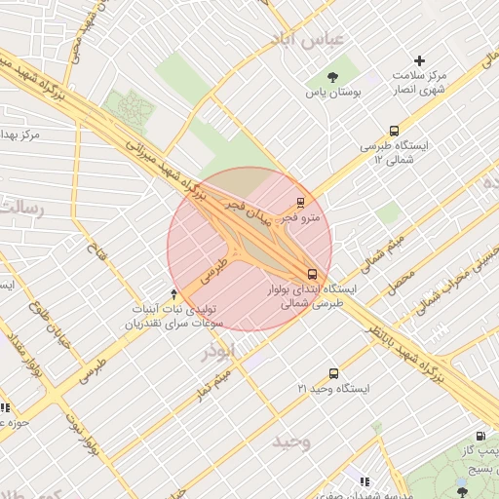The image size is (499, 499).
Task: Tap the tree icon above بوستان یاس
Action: [334, 76]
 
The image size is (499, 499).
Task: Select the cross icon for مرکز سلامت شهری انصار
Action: [420, 60]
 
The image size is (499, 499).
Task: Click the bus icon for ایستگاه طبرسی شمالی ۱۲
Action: [394, 130]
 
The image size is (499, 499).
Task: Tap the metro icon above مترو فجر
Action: [299, 204]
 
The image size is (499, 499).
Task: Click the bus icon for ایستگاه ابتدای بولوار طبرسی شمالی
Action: [312, 274]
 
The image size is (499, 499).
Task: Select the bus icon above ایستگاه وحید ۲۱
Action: [334, 373]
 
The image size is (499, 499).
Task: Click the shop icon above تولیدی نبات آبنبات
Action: [173, 293]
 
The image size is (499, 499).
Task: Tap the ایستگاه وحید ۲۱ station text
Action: [333, 389]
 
